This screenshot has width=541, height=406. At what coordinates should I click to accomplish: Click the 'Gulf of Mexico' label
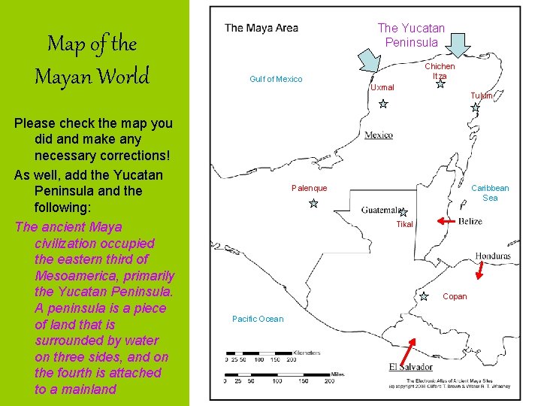276,79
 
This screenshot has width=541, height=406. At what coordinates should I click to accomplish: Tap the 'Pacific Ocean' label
258,319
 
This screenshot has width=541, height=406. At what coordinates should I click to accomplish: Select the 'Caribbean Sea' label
490,193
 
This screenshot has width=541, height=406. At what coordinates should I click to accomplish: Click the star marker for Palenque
313,203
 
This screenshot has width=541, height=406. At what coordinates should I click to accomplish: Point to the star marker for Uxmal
383,104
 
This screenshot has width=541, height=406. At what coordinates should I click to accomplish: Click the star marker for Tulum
475,108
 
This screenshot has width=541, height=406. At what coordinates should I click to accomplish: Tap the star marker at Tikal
403,213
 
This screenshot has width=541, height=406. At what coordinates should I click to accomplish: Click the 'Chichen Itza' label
440,71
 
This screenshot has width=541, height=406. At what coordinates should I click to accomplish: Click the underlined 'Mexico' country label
379,135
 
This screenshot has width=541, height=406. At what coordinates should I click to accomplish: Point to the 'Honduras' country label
493,256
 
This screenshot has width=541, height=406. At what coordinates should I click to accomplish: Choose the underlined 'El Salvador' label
411,367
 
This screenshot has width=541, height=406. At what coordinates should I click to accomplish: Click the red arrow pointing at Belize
448,222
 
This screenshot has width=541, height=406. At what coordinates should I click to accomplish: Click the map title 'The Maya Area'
261,29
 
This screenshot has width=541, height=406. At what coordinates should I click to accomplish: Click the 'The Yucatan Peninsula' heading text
410,35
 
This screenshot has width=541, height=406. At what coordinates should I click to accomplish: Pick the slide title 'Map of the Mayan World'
92,60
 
